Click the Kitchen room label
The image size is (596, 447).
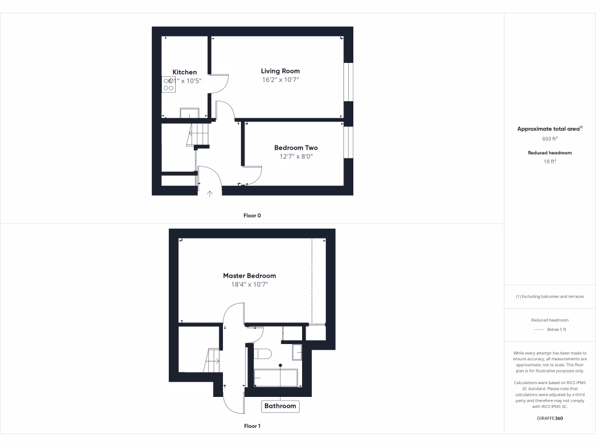coord(185,72)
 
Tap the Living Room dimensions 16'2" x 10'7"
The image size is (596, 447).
coord(280,80)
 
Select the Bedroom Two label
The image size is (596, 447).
coord(296,148)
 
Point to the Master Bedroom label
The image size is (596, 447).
coord(249,276)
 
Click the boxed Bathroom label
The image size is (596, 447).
coord(281,406)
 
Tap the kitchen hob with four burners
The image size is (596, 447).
coord(169,85)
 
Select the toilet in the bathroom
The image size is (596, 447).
coord(263,354)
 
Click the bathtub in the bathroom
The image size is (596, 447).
coord(276,378)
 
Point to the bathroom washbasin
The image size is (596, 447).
coord(297,352)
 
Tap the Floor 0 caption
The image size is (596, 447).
coord(252,215)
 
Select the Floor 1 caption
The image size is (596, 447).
coord(252,426)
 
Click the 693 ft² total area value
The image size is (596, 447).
coord(549,139)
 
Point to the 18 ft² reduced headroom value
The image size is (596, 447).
coord(549,162)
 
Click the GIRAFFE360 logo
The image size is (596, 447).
coord(549,418)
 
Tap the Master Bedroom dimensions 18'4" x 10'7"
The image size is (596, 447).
coord(249,285)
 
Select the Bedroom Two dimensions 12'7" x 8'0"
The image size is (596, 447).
coord(296,156)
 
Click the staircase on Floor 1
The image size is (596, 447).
coord(211,360)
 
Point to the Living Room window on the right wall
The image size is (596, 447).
coord(348,81)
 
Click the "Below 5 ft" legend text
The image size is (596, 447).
coord(556,329)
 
